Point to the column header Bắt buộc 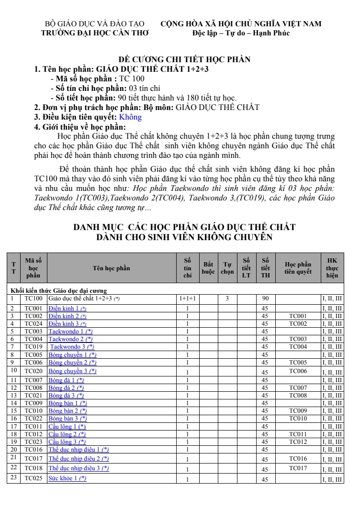(x=208, y=268)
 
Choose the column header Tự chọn (x=227, y=268)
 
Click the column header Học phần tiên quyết (x=297, y=268)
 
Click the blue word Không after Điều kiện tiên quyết (x=130, y=117)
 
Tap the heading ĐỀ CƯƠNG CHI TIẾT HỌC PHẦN (x=185, y=59)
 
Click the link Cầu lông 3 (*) (x=67, y=442)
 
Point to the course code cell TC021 (x=33, y=396)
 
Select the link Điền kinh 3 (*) (x=67, y=323)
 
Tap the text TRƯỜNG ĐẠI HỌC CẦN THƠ (x=95, y=33)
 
